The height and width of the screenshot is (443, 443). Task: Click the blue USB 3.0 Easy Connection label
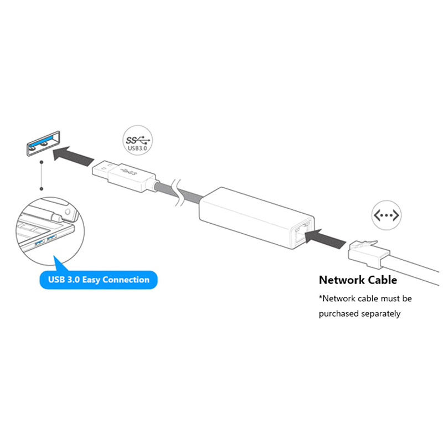[x=98, y=280]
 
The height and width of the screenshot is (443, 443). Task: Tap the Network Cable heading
[x=358, y=280]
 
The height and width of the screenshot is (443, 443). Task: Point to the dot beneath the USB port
[x=42, y=163]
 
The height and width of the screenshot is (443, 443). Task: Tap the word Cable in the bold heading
[x=379, y=280]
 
